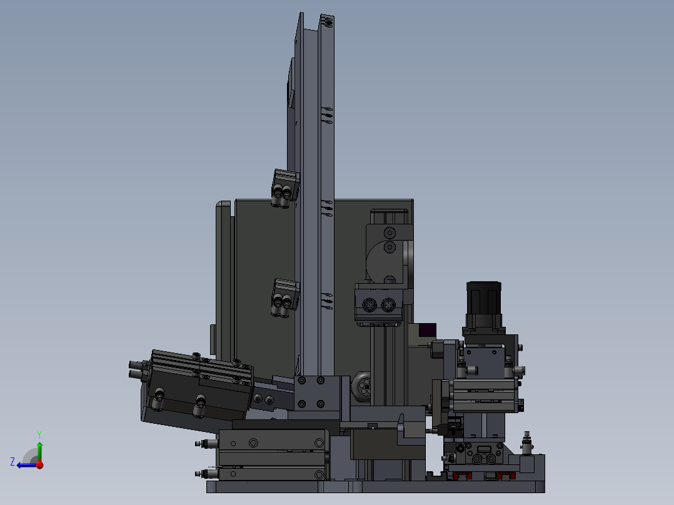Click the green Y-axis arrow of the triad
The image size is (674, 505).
pyautogui.click(x=39, y=451)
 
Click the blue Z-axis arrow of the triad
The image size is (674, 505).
pyautogui.click(x=27, y=465)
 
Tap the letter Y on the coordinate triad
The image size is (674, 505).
pyautogui.click(x=39, y=434)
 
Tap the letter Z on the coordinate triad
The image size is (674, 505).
pyautogui.click(x=13, y=462)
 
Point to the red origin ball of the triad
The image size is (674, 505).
pyautogui.click(x=40, y=465)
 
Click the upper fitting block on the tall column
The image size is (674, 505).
pyautogui.click(x=284, y=189)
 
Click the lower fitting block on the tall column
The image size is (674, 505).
pyautogui.click(x=284, y=298)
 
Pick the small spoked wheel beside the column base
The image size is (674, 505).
pyautogui.click(x=363, y=386)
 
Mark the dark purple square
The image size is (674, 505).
pyautogui.click(x=427, y=330)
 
